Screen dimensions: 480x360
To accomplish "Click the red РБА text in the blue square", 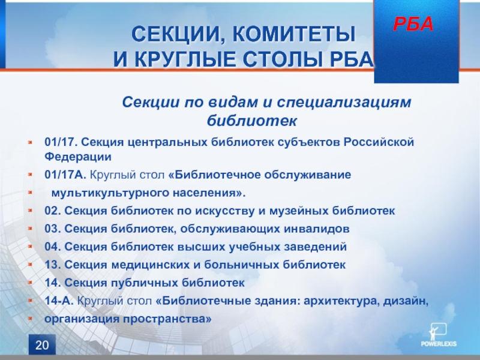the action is point(413,24).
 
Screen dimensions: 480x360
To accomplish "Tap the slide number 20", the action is point(42,345).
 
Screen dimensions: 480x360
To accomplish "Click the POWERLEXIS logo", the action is point(439,335).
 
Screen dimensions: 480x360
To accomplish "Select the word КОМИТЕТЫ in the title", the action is point(294,34).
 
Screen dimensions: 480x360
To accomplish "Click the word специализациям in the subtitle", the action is point(344,102).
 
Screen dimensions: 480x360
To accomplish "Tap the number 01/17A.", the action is point(65,175).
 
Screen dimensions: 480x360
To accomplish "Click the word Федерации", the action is point(78,157).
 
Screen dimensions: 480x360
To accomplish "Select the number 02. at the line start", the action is point(53,211).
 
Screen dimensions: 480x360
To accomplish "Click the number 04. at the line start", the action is point(53,247).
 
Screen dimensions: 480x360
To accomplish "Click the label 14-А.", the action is point(59,301).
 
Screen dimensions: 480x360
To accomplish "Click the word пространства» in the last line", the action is point(167,319).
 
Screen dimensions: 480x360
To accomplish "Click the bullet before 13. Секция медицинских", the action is point(30,264).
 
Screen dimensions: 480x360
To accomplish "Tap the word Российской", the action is point(379,142).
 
